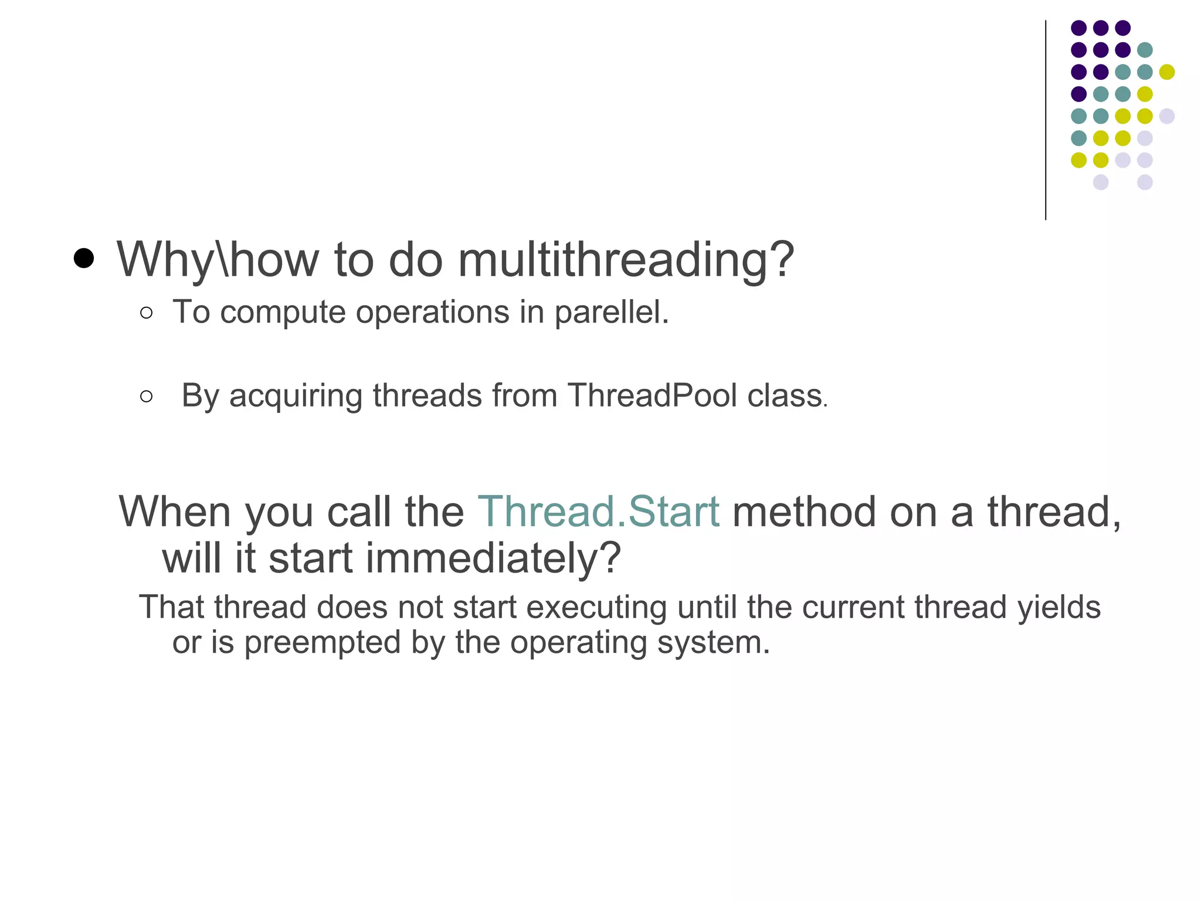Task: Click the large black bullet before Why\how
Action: [84, 258]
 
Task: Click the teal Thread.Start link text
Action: [598, 512]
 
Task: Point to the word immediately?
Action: [493, 558]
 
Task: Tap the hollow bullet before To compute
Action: [147, 313]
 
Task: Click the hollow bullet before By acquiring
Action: [147, 397]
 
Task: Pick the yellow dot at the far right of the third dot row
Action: [1166, 72]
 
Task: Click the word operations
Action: [432, 312]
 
